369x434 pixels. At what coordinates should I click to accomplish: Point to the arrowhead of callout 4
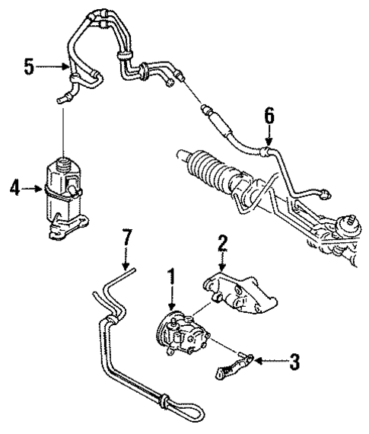tap(42, 187)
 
